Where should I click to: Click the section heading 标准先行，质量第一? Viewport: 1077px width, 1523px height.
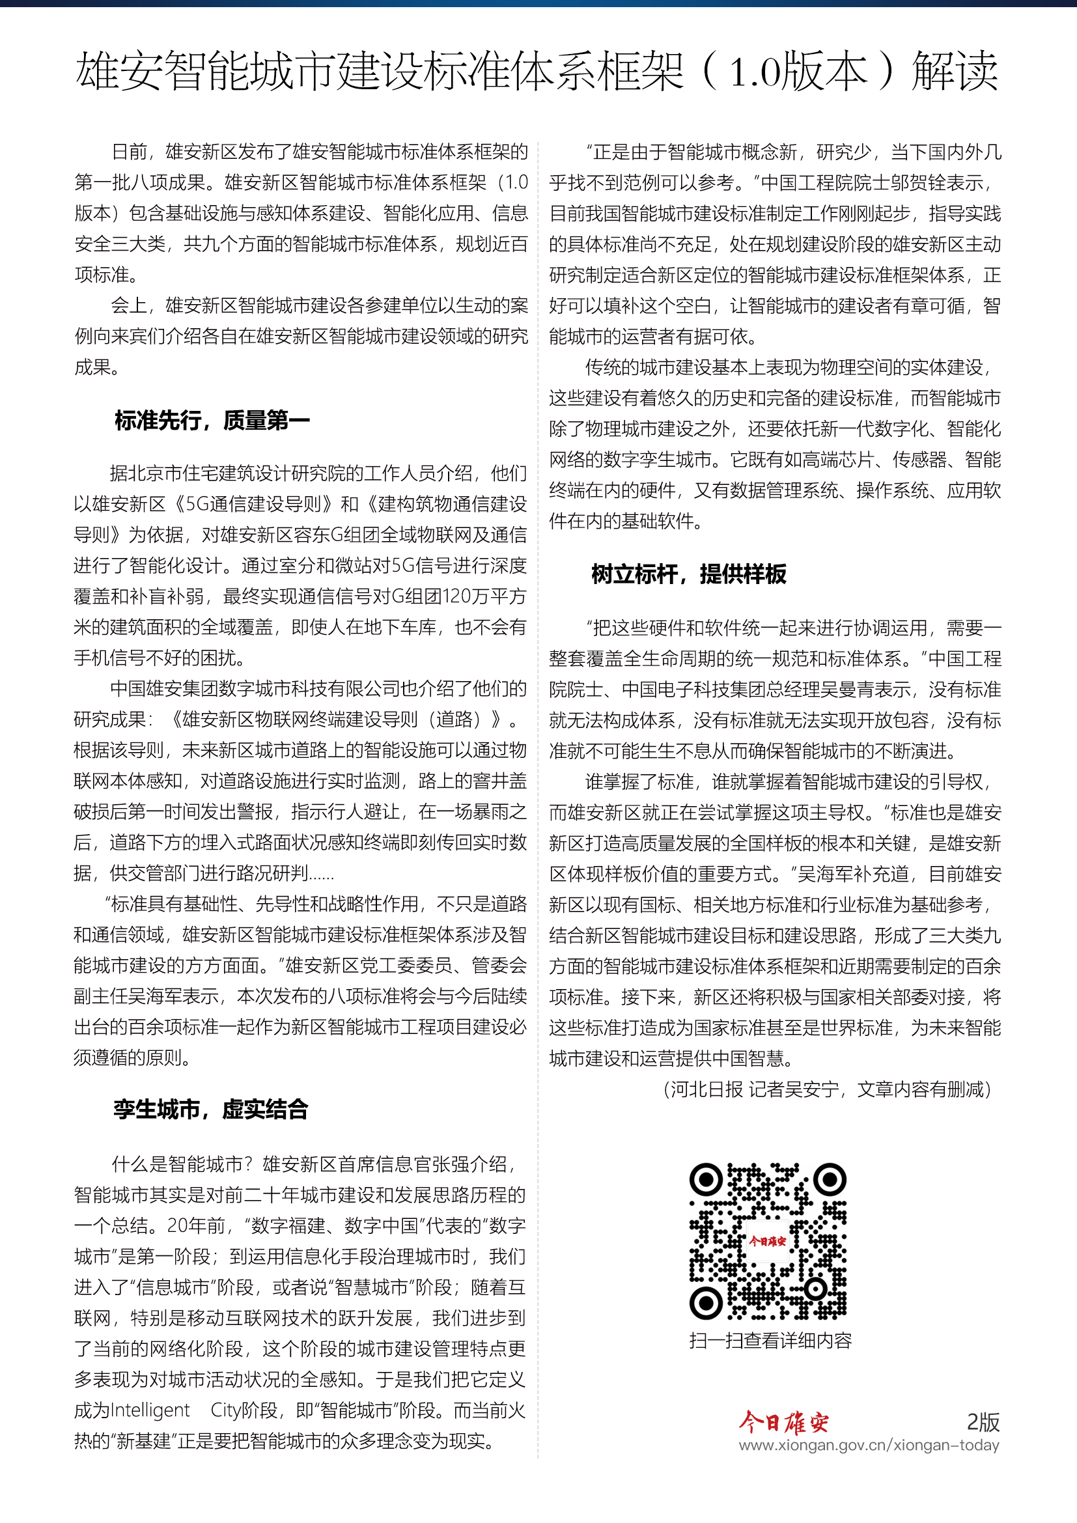coord(212,421)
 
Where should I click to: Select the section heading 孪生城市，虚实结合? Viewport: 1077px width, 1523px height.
coord(211,1109)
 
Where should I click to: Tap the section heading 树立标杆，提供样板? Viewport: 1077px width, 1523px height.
coord(688,574)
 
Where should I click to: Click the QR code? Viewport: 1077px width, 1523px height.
coord(768,1240)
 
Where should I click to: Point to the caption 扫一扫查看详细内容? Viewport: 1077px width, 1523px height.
coord(770,1341)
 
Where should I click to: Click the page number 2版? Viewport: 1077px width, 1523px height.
coord(983,1422)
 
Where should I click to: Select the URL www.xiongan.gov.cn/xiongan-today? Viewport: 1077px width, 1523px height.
coord(869,1445)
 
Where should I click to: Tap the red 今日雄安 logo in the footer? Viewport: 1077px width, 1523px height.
coord(783,1422)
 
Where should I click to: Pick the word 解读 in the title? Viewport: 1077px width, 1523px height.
coord(955,72)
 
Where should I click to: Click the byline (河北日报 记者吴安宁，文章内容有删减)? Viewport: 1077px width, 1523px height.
coord(827,1089)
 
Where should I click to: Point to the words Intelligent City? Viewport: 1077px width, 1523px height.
coord(168,1410)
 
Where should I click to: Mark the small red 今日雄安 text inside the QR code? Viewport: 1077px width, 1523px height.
coord(767,1241)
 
